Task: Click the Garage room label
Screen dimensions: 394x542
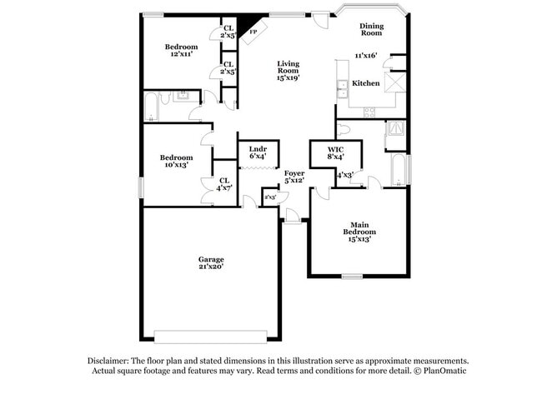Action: pos(211,259)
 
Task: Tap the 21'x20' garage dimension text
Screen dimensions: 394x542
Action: pos(211,267)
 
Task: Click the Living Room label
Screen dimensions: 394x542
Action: pos(288,67)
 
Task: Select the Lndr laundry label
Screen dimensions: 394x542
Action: pos(258,149)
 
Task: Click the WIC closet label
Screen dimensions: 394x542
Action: pos(336,149)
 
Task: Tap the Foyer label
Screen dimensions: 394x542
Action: pos(294,172)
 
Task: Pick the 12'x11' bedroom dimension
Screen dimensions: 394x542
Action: pos(181,54)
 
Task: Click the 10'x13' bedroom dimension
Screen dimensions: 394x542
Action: pos(176,165)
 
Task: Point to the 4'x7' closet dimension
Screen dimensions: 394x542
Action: pos(223,187)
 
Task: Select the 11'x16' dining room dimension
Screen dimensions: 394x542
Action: pos(365,56)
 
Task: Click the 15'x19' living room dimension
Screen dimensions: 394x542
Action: pos(288,77)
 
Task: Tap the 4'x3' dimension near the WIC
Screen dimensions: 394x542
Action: pos(344,175)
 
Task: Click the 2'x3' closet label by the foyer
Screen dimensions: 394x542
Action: pos(269,197)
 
